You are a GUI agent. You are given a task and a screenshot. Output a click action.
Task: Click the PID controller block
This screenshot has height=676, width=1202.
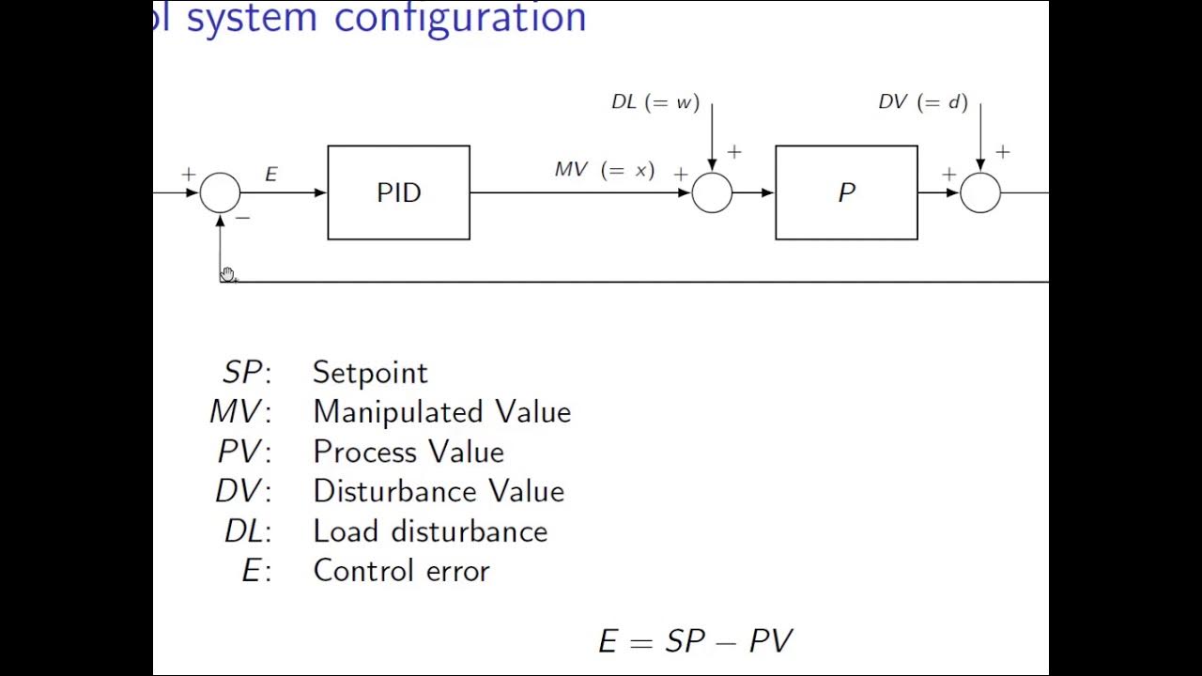click(398, 192)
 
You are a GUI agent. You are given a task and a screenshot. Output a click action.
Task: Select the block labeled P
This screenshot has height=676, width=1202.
click(846, 192)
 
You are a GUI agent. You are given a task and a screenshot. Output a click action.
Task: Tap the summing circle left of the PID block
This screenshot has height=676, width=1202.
click(220, 193)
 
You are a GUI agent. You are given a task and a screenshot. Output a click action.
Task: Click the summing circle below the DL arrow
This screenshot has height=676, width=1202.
click(712, 193)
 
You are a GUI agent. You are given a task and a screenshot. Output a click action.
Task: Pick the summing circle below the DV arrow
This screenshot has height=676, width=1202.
click(980, 193)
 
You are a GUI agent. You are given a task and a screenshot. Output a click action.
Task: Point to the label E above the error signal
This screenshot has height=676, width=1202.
click(270, 175)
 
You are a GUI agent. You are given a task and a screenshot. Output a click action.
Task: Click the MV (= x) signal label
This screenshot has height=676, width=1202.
click(605, 170)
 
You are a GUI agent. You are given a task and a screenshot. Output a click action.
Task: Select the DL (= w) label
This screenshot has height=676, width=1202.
click(655, 102)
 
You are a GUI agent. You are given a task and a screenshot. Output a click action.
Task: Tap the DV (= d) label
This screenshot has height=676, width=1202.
click(923, 102)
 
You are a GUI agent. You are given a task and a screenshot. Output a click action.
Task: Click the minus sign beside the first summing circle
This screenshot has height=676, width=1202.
click(243, 218)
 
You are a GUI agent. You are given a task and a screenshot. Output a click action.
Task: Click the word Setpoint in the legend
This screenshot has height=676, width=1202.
click(370, 373)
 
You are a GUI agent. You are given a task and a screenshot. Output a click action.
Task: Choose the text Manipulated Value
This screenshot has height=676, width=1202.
click(441, 412)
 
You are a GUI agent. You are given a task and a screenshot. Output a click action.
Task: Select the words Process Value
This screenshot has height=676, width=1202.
click(408, 452)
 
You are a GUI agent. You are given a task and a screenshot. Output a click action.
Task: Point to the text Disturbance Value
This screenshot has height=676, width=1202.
click(439, 491)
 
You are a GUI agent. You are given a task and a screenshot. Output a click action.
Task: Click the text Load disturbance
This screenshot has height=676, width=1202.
click(430, 531)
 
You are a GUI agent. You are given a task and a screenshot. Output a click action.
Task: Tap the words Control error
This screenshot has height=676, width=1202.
click(401, 571)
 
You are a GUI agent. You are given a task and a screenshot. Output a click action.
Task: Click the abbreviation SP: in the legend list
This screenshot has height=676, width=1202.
click(246, 373)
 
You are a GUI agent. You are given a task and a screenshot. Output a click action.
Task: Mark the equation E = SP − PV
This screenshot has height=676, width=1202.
click(696, 641)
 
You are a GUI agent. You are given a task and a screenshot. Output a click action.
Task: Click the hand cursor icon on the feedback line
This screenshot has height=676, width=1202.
click(228, 274)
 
